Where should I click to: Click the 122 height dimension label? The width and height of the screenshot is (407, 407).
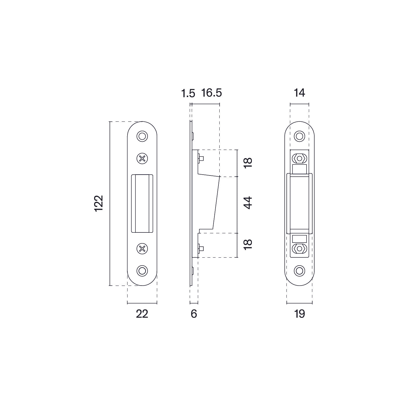click(x=99, y=203)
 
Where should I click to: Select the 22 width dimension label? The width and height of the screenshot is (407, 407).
click(x=142, y=314)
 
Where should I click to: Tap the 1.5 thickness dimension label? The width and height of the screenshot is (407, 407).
click(x=188, y=94)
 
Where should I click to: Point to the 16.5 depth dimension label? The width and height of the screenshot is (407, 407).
click(x=211, y=93)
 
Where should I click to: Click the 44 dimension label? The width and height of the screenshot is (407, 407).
click(x=248, y=203)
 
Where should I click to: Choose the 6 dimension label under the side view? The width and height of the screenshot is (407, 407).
click(x=194, y=314)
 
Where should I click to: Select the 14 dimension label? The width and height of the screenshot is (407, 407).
click(x=299, y=93)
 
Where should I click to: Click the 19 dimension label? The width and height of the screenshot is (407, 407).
click(x=299, y=314)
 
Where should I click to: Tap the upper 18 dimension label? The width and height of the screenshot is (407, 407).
click(x=248, y=163)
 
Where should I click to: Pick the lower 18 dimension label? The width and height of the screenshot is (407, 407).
click(x=248, y=245)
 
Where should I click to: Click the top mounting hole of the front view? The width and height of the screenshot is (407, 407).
click(x=142, y=136)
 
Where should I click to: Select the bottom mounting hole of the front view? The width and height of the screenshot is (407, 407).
click(x=142, y=270)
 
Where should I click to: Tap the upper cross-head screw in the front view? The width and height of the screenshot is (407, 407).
click(x=142, y=159)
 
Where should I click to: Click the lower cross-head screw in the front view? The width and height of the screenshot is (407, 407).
click(x=142, y=248)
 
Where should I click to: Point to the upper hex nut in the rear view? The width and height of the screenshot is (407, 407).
click(x=299, y=159)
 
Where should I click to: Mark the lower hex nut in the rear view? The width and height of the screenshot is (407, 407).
click(x=299, y=249)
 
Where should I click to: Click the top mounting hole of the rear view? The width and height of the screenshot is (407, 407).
click(x=299, y=136)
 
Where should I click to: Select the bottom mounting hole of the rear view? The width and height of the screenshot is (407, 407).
click(x=299, y=270)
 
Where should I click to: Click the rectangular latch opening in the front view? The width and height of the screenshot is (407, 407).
click(x=142, y=203)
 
